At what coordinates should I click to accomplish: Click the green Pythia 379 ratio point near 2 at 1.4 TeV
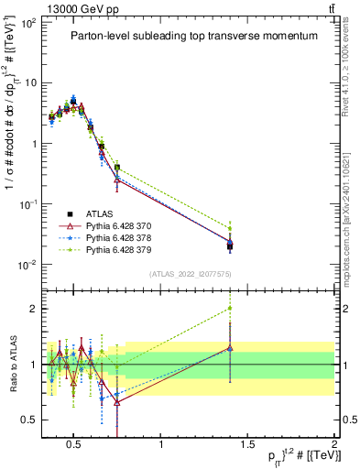coord(230,309)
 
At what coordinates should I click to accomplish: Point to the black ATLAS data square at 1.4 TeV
coord(230,245)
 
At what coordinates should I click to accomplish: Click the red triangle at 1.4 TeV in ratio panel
coord(230,348)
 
